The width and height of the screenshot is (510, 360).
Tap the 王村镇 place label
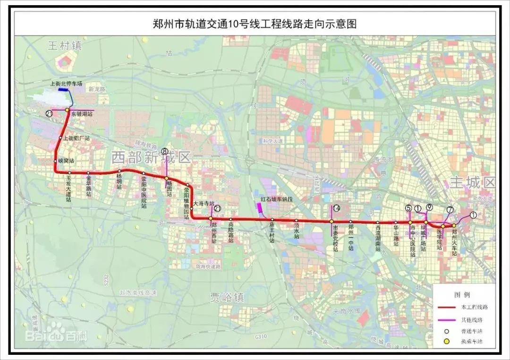point(65,45)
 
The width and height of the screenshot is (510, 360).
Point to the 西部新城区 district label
point(151,157)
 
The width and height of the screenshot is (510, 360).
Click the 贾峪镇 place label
point(228,297)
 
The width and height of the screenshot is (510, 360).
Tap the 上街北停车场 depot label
point(67,83)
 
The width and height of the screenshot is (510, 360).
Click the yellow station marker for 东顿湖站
point(67,110)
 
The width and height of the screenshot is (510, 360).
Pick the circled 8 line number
point(164,152)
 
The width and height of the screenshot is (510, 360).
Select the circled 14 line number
point(336,208)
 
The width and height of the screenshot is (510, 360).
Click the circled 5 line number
point(408,208)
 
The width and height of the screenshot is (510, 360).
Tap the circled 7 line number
point(450,209)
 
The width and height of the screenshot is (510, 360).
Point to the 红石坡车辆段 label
point(277,199)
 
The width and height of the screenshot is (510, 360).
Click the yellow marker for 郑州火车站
point(454,225)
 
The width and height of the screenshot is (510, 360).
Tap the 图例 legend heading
point(462,295)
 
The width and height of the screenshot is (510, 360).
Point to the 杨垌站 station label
point(119,182)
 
